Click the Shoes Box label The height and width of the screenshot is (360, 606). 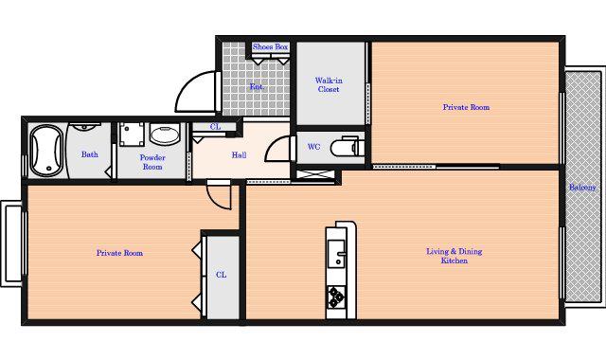(270, 46)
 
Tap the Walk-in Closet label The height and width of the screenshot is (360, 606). (329, 84)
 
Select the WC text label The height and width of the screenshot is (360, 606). (313, 147)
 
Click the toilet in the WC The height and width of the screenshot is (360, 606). (348, 146)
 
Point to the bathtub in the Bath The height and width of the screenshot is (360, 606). (46, 151)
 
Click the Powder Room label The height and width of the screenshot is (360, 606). (152, 162)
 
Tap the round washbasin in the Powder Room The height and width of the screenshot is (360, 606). (165, 135)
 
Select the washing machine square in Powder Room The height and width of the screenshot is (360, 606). (132, 135)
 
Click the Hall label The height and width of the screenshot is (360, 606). (239, 155)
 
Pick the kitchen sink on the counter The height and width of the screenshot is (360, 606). (336, 253)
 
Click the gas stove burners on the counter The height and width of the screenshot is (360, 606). (336, 297)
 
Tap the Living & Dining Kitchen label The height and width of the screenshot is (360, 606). (454, 256)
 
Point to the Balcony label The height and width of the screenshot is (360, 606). (582, 188)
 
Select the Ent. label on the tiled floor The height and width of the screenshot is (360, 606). (257, 86)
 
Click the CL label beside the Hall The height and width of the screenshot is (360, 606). (215, 126)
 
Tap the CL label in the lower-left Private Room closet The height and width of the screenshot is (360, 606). (221, 275)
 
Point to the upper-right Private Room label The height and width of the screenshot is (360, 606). (466, 107)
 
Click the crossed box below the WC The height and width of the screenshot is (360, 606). (314, 174)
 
